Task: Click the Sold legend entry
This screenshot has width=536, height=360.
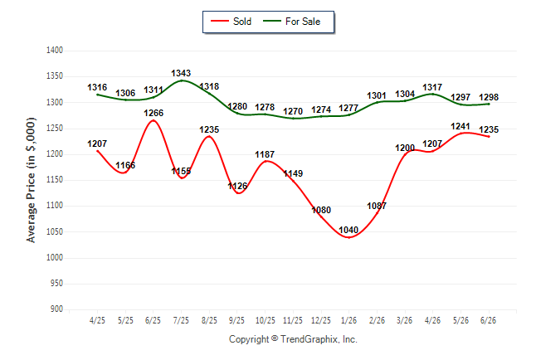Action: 231,22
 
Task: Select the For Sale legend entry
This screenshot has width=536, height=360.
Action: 291,22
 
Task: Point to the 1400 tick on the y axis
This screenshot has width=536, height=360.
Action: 55,51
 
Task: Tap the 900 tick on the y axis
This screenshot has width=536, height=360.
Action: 56,309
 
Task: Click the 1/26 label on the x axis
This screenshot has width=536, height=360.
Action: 348,320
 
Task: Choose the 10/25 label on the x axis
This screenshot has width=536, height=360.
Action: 266,320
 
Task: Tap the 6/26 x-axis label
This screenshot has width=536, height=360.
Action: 488,320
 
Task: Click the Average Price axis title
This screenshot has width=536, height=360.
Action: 31,180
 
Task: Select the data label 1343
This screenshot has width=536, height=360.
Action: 181,73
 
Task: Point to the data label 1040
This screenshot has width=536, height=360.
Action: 348,230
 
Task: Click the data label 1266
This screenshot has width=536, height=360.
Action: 153,113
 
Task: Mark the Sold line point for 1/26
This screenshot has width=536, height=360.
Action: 348,237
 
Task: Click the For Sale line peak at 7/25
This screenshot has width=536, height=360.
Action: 182,80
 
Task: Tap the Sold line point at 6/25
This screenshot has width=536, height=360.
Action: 153,120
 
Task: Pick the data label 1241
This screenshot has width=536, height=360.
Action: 460,126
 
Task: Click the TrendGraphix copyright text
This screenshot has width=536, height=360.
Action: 293,339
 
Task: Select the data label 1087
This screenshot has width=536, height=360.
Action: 377,206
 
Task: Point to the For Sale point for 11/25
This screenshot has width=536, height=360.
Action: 293,119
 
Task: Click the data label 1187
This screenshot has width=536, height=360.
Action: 265,154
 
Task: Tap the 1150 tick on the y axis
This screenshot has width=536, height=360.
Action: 55,180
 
